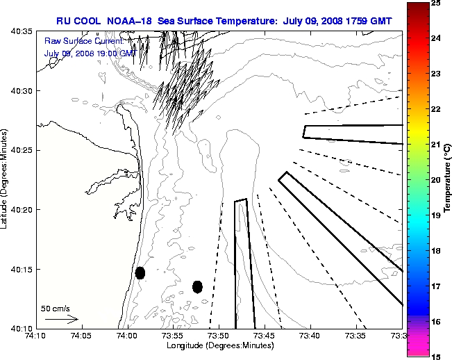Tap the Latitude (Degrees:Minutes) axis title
(6, 180)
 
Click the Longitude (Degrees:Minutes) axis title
(219, 346)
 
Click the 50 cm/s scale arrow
(61, 319)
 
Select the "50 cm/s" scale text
(56, 308)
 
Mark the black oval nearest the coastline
(140, 272)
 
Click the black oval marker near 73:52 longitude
(197, 286)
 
